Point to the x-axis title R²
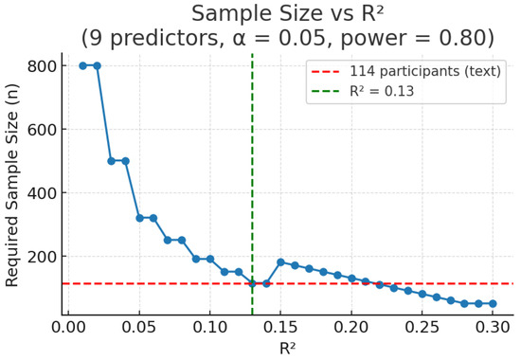click(x=287, y=348)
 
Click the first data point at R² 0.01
click(x=82, y=65)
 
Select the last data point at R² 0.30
click(x=493, y=304)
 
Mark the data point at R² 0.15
click(x=280, y=262)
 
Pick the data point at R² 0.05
click(x=139, y=218)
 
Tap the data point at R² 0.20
click(x=351, y=279)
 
